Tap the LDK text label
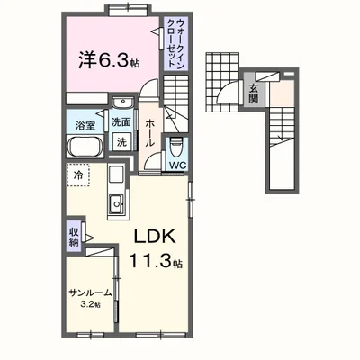(155, 237)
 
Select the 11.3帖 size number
(156, 260)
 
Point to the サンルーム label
(91, 292)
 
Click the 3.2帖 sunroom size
(90, 305)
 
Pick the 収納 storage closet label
(74, 237)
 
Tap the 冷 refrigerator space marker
(77, 175)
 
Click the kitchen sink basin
(116, 203)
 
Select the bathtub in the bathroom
(85, 147)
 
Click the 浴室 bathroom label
(85, 125)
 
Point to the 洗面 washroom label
(121, 122)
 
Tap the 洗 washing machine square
(121, 142)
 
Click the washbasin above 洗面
(123, 103)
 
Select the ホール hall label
(149, 133)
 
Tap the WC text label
(178, 165)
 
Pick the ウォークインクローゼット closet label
(175, 43)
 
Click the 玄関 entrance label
(254, 93)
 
